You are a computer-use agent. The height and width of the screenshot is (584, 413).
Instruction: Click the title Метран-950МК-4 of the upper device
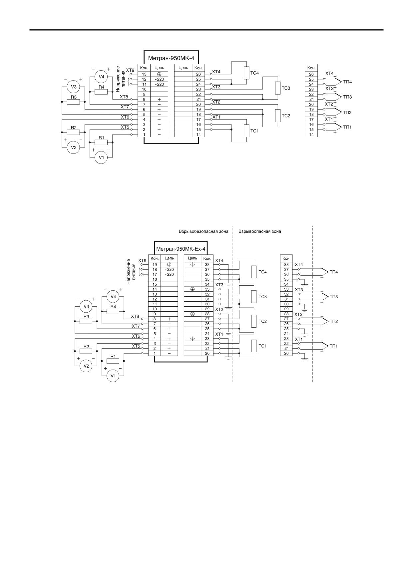coord(171,58)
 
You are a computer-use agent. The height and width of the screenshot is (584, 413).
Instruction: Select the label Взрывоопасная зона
coord(260,231)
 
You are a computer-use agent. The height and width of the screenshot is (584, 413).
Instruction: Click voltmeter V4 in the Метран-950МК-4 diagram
coord(102,77)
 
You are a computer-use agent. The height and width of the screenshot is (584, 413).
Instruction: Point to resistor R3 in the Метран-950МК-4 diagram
coord(73,102)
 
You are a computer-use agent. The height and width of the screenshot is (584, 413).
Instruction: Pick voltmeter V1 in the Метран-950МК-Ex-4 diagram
coord(113,376)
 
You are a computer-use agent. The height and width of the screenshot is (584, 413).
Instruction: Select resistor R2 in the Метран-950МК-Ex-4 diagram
coord(86,351)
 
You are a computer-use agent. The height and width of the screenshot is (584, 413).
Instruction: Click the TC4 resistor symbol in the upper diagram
coord(246,73)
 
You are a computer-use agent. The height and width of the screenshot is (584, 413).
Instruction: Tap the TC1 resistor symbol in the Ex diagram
coord(254,346)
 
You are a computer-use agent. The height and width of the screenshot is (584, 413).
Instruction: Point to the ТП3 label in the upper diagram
coord(347,97)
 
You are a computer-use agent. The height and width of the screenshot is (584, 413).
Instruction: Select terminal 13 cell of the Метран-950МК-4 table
coord(144,75)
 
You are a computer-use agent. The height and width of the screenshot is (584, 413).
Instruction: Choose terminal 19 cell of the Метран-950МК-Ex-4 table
coord(155,265)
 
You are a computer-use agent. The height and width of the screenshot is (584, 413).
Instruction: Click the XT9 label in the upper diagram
coord(130,71)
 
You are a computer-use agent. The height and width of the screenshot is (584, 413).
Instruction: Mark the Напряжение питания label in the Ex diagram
coord(131,271)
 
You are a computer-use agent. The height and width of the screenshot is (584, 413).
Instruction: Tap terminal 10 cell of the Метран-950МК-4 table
coord(144,89)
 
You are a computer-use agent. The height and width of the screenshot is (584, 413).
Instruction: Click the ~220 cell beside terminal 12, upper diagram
coord(159,80)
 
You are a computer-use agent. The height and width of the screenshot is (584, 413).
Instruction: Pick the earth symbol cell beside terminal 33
coord(193,289)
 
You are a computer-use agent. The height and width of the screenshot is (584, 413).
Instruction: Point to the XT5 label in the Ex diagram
coord(136,346)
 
